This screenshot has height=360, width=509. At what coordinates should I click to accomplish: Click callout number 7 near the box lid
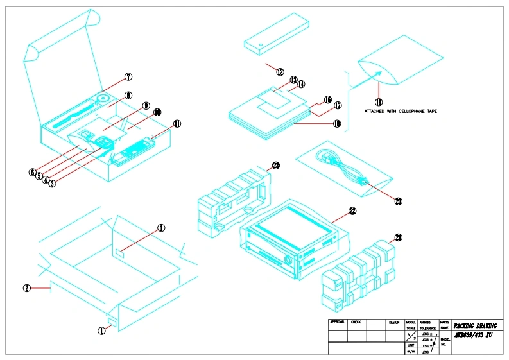(128, 76)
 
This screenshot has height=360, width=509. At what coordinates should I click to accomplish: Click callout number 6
(31, 172)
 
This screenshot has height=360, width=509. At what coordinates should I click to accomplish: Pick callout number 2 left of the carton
(27, 288)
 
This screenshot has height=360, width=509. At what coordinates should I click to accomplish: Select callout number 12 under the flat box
(280, 72)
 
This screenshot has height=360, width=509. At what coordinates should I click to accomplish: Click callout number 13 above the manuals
(293, 80)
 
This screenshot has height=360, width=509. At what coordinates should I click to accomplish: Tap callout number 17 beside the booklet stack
(337, 105)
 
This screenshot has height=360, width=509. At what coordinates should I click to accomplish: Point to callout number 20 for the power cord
(398, 201)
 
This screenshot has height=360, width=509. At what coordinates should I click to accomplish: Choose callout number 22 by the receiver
(352, 210)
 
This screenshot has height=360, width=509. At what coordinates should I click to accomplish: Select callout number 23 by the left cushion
(276, 166)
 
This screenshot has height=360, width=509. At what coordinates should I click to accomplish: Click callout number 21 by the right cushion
(399, 237)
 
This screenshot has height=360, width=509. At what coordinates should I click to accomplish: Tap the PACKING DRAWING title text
(475, 326)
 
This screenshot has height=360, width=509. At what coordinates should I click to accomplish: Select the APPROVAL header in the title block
(338, 321)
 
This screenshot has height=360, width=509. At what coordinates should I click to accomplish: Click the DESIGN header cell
(394, 321)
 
